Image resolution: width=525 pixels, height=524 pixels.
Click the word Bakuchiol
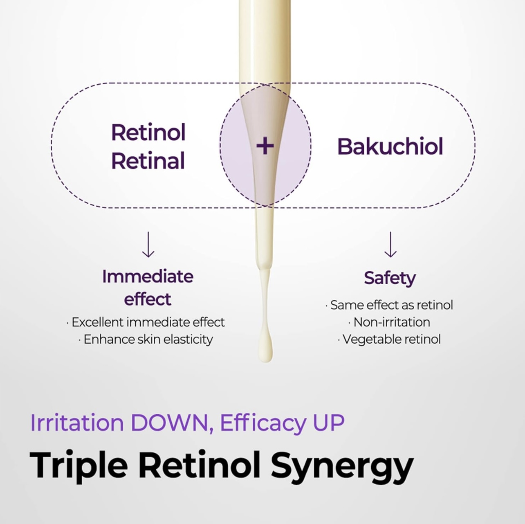[x=390, y=147]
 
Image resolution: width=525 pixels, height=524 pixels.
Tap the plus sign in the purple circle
[x=265, y=147]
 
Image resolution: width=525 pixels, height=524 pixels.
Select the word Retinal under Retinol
[x=148, y=161]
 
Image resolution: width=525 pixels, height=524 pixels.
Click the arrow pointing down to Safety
[x=390, y=245]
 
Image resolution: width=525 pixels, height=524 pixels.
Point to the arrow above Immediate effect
[x=148, y=245]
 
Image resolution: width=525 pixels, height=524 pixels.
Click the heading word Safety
[x=390, y=279]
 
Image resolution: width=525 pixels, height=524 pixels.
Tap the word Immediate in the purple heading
[x=148, y=277]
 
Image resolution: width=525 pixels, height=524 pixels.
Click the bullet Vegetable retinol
[x=389, y=340]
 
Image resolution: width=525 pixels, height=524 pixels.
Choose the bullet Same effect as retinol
[x=389, y=305]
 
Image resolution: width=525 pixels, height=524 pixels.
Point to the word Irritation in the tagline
[x=77, y=423]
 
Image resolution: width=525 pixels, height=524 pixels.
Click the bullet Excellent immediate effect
[x=146, y=322]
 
